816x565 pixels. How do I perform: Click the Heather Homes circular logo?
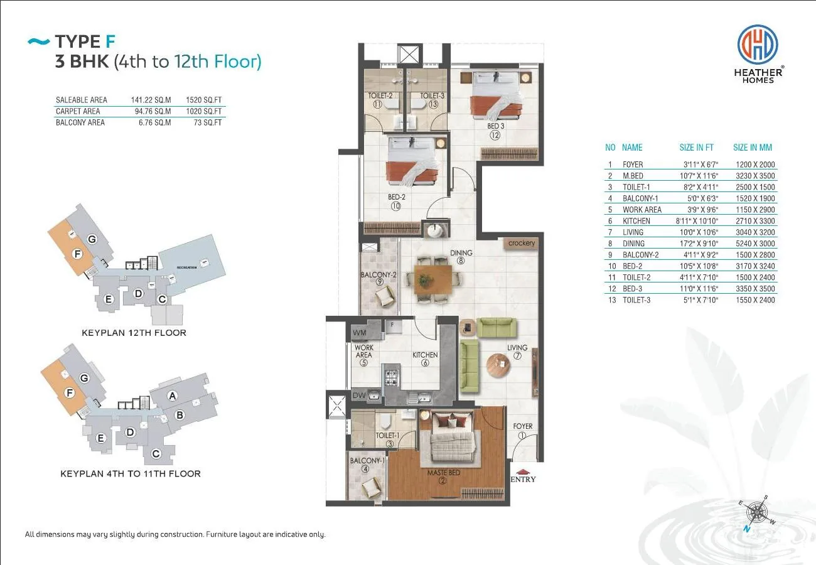point(758,44)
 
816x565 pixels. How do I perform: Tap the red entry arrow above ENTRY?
point(522,471)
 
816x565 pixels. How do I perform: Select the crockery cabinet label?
point(521,243)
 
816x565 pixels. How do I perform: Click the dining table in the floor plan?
point(432,280)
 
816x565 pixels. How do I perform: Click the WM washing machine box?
point(360,333)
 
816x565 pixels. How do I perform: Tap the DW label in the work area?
point(359,395)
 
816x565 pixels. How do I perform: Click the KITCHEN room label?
point(425,355)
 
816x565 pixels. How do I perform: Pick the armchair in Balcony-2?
point(386,296)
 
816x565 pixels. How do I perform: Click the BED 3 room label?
point(495,126)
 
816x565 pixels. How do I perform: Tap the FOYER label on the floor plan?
point(522,426)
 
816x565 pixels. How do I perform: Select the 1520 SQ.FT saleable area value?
point(203,100)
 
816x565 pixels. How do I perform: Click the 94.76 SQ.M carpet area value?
point(153,111)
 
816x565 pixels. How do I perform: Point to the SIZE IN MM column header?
point(752,148)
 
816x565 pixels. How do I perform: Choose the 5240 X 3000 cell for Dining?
point(755,244)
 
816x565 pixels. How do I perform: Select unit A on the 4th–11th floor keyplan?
point(173,395)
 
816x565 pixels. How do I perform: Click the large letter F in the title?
point(110,41)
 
